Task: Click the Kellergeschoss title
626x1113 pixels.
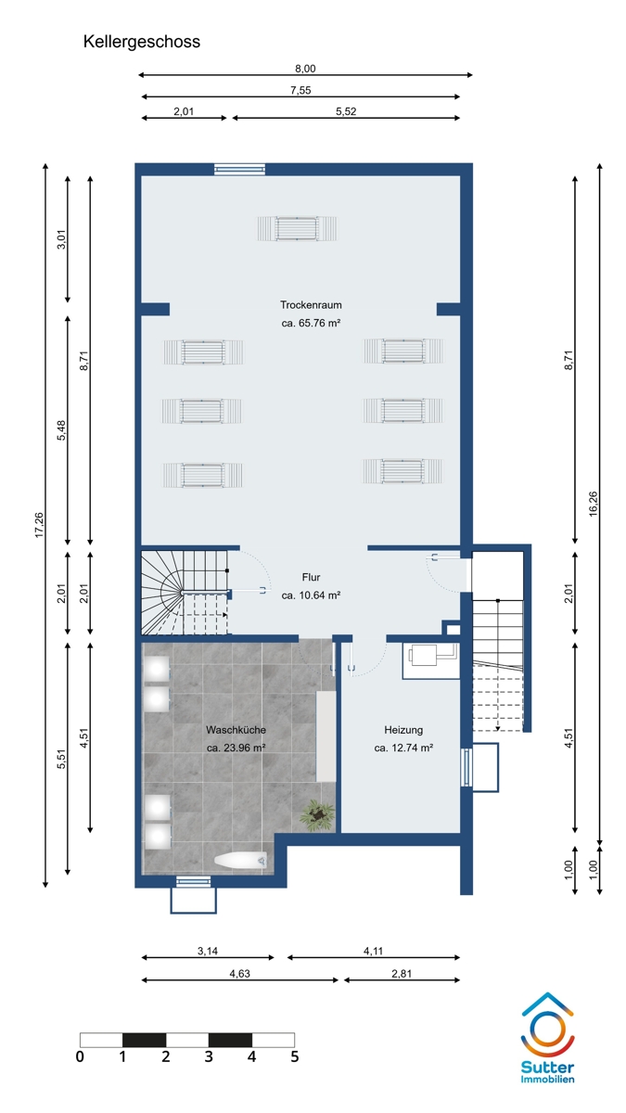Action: tap(142, 42)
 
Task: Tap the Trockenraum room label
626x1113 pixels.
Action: tap(311, 304)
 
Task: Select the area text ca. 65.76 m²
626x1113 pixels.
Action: tap(311, 323)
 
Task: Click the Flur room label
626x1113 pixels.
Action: tap(311, 577)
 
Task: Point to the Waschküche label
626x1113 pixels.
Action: tap(236, 730)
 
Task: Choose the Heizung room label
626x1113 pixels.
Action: tap(403, 730)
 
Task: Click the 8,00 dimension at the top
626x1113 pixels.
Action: tap(305, 69)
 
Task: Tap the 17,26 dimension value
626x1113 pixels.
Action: tap(39, 525)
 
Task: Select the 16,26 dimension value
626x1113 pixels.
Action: tap(594, 504)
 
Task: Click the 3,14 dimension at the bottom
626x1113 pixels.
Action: tap(208, 951)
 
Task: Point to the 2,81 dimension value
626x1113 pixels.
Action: tap(402, 973)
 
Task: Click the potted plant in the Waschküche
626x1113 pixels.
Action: tap(317, 815)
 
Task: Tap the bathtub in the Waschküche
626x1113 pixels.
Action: tap(241, 861)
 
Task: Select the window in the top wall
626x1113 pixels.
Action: tap(239, 170)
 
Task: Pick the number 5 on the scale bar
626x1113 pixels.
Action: tap(295, 1056)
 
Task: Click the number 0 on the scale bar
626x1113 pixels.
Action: tap(80, 1056)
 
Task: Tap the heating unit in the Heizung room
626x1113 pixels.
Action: tap(430, 660)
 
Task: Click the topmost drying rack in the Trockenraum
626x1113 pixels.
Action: tap(297, 228)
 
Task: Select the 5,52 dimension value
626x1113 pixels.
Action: tap(346, 111)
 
